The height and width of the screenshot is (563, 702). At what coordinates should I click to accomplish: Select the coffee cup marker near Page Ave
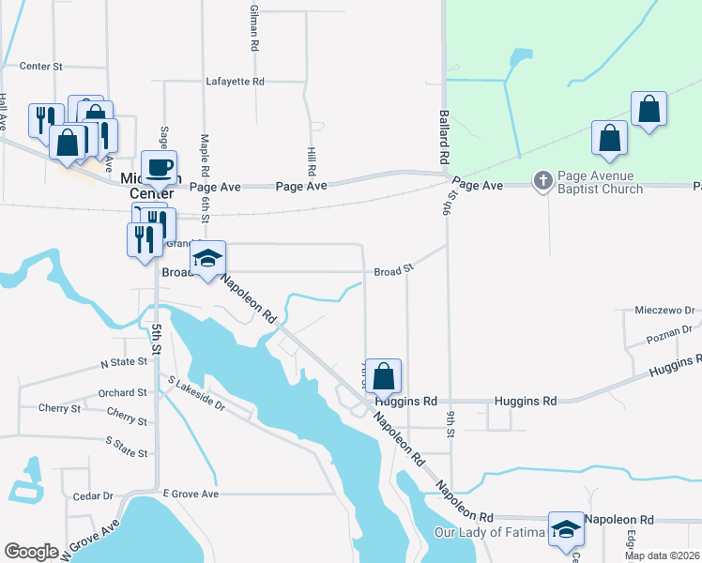(x=159, y=167)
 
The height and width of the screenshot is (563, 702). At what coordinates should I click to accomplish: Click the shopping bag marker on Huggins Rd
(x=383, y=376)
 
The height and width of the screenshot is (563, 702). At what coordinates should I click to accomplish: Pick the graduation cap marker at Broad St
(x=207, y=259)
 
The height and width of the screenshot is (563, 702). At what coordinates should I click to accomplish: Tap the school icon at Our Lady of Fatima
(x=566, y=530)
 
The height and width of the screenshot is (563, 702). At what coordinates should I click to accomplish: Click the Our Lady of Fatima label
(x=489, y=533)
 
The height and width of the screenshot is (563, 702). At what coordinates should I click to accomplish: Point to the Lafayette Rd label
(x=235, y=82)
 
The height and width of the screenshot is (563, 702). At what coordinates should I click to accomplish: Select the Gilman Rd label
(x=253, y=26)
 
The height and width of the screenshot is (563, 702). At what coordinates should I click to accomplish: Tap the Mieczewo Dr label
(x=664, y=309)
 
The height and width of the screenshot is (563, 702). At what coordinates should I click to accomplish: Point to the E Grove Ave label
(x=190, y=494)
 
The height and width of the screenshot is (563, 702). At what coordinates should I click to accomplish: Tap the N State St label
(x=124, y=361)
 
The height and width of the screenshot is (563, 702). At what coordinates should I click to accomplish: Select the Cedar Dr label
(x=93, y=495)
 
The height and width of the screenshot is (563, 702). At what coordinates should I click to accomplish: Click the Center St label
(x=40, y=67)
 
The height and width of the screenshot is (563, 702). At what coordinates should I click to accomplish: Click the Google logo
(x=32, y=552)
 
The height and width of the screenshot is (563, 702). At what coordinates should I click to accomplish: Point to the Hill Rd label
(x=312, y=160)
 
